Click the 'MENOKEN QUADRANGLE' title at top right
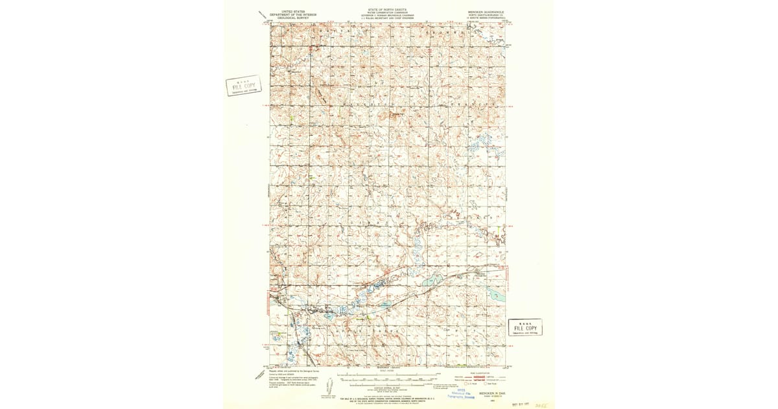click(x=484, y=12)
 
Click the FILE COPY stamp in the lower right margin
click(x=525, y=327)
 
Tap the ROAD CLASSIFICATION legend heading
click(x=482, y=373)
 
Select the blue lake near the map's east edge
click(x=497, y=296)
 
